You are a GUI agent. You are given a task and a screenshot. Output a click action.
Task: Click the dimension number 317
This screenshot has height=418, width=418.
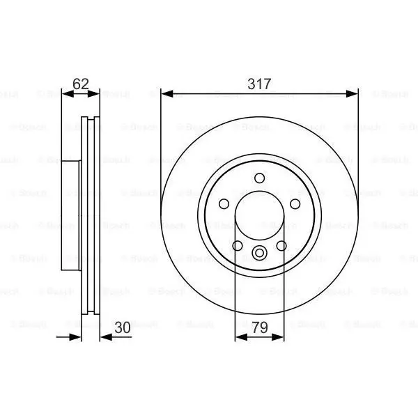259,84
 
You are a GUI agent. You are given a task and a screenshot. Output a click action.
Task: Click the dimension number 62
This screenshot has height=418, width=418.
81,84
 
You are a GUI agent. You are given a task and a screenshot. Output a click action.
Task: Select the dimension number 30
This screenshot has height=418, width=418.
123,327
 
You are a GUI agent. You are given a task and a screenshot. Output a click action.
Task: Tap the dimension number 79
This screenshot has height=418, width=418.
260,327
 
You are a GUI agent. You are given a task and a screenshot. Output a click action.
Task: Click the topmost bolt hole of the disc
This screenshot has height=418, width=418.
259,178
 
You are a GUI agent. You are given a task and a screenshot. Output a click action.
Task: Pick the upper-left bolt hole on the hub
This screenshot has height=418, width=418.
224,204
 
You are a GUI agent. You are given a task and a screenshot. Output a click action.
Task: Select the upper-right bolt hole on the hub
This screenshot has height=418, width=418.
295,204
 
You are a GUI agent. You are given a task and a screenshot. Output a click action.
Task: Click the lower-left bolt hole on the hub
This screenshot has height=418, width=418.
238,245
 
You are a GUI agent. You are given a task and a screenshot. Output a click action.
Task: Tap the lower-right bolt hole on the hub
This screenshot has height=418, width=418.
281,245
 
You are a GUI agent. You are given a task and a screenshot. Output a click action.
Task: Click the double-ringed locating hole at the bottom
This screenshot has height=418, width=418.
259,253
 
